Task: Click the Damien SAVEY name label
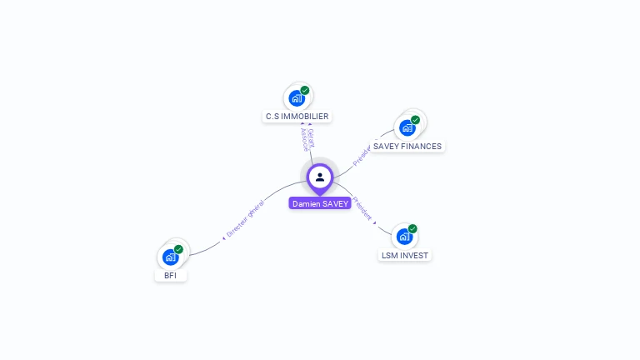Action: [320, 203]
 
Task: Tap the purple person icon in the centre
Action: [320, 177]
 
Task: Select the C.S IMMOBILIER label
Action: [297, 117]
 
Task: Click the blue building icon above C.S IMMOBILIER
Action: [296, 98]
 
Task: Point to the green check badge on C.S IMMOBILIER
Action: [305, 90]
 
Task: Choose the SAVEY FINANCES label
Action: [407, 146]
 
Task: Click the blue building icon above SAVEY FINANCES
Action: [407, 127]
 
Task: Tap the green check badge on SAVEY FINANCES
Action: [415, 120]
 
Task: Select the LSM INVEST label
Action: [405, 255]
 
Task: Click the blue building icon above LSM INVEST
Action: [404, 237]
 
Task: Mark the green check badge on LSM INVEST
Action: [412, 228]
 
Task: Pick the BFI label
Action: [170, 275]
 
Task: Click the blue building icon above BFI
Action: [170, 257]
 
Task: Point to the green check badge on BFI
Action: [178, 249]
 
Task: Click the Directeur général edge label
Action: [244, 221]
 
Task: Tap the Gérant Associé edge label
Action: [307, 139]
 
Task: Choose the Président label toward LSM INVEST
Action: [363, 208]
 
